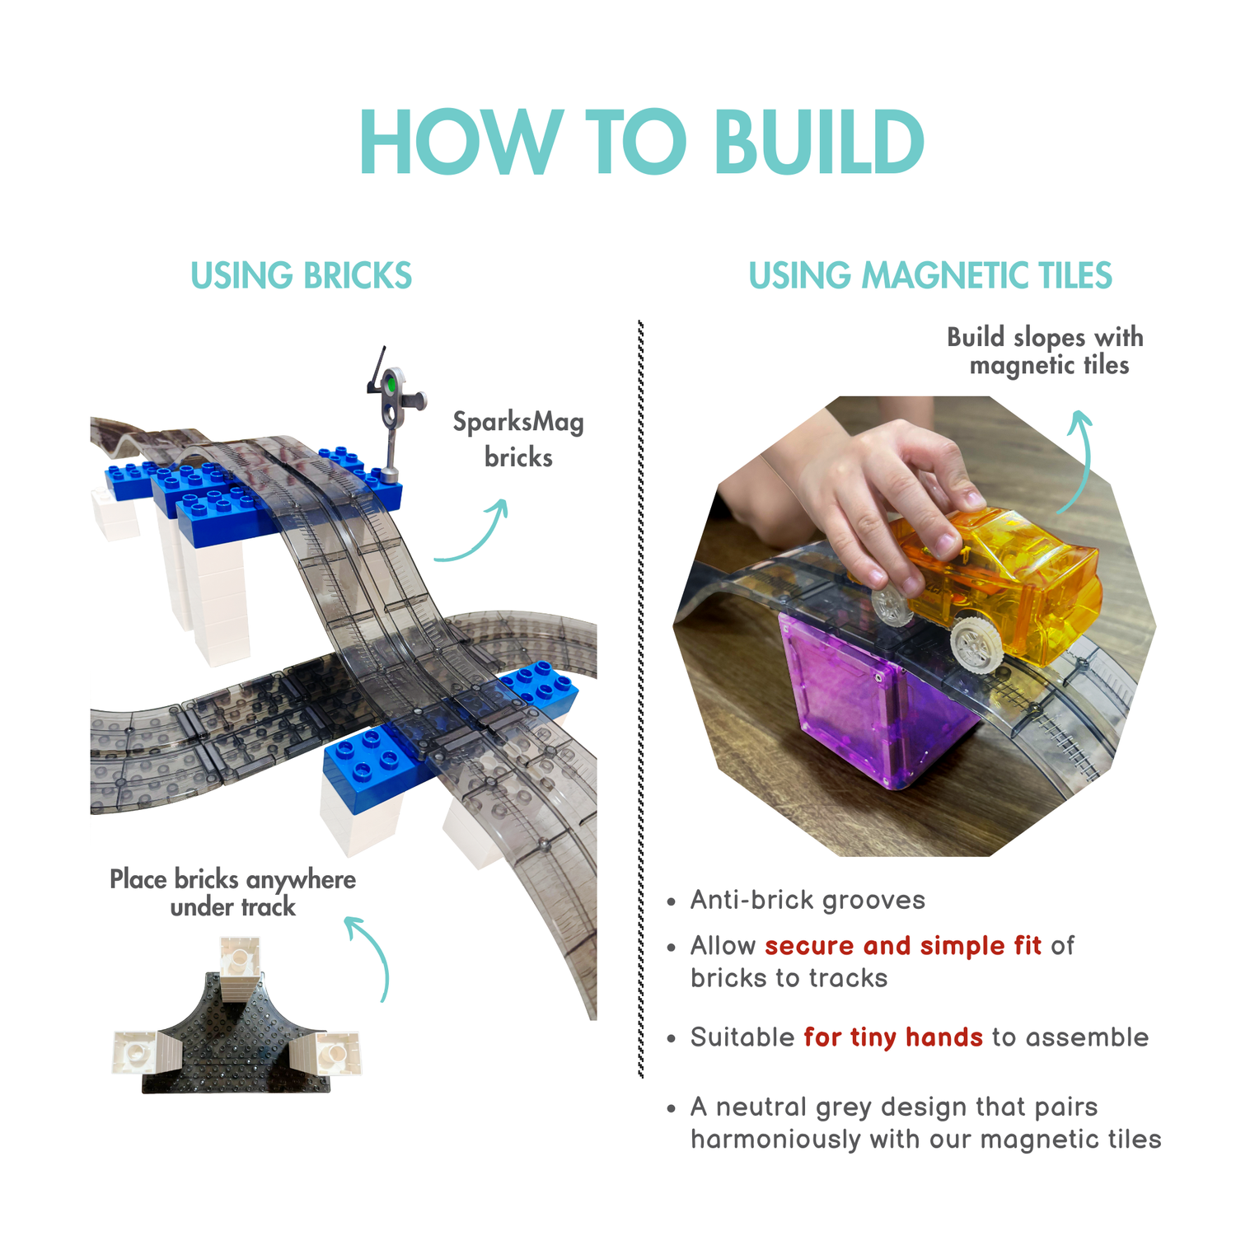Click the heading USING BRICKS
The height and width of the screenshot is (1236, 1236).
click(301, 275)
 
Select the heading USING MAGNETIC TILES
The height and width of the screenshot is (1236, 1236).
click(930, 275)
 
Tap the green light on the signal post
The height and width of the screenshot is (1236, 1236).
click(391, 384)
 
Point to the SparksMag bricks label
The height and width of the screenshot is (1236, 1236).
click(518, 439)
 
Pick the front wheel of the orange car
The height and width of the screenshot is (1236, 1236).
click(977, 644)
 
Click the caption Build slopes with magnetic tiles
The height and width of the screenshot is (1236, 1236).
click(1046, 351)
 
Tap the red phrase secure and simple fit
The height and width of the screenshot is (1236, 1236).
click(902, 945)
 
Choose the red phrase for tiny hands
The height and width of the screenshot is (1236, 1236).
click(893, 1037)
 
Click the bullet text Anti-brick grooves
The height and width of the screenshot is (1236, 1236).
click(808, 900)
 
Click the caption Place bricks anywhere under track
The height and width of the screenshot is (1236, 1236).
click(233, 892)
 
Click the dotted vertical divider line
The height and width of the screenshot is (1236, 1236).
click(640, 699)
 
